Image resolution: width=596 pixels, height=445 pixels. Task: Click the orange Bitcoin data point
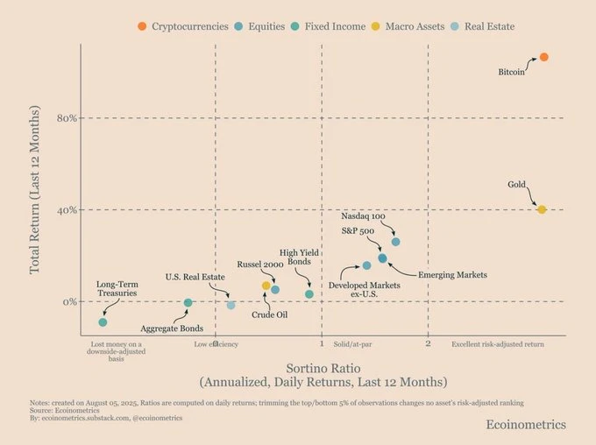(543, 57)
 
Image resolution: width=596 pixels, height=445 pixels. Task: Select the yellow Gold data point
(542, 209)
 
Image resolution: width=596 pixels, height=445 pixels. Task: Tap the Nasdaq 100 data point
(395, 242)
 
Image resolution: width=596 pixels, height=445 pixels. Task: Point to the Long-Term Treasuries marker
(103, 323)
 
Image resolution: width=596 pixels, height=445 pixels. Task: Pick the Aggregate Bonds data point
(188, 303)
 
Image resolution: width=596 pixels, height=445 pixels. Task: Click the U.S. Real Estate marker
(231, 305)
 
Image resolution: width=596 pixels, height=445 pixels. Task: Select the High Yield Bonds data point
(309, 294)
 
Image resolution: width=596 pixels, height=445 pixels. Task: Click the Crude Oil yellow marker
(266, 286)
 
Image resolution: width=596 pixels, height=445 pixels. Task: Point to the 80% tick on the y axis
(67, 118)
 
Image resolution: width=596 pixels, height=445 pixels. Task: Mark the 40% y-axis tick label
(67, 210)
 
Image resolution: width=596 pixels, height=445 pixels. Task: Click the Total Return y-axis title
(35, 189)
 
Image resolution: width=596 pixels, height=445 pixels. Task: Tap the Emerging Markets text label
(452, 275)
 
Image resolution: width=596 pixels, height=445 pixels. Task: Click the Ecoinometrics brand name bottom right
(526, 425)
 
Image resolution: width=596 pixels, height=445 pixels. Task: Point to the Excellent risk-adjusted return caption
(498, 344)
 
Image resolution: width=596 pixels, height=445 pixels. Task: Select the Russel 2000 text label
(261, 264)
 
